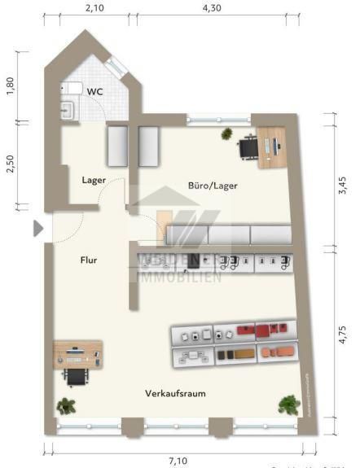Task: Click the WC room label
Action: [x=94, y=91]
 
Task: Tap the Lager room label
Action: [x=94, y=180]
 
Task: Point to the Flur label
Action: [x=90, y=261]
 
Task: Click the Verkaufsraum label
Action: [x=175, y=393]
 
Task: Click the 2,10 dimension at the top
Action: [x=94, y=7]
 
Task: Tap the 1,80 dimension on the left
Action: [x=11, y=86]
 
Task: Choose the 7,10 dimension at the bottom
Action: [x=181, y=460]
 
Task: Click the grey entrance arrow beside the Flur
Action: [x=37, y=230]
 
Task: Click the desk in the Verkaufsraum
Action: [x=78, y=354]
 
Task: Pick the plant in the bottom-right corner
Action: [x=288, y=403]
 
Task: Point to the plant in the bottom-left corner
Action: [x=65, y=405]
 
